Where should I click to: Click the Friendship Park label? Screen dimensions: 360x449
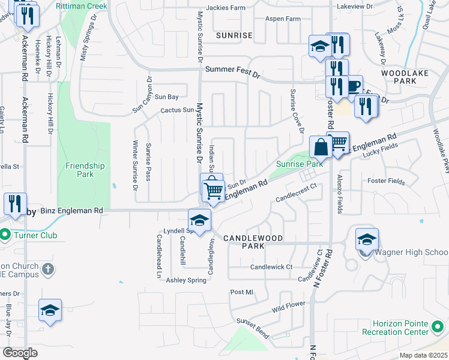coord(85,170)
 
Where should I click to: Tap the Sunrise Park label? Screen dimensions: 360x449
coord(300,163)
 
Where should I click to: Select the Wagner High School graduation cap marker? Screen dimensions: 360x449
coord(366,239)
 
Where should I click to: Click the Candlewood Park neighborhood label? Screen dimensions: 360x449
coord(253,242)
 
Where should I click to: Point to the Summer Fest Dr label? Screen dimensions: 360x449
coord(232,70)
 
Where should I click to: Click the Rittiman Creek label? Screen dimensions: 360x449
coord(81,6)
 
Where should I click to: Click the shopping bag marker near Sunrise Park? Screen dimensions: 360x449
coord(321,146)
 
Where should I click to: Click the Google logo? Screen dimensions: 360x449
coord(20,353)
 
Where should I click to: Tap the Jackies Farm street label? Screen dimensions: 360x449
coord(226,8)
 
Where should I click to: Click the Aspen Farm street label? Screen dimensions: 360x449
coord(284,19)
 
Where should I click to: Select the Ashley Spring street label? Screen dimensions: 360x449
coord(185,280)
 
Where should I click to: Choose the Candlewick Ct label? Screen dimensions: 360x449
coord(271,266)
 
